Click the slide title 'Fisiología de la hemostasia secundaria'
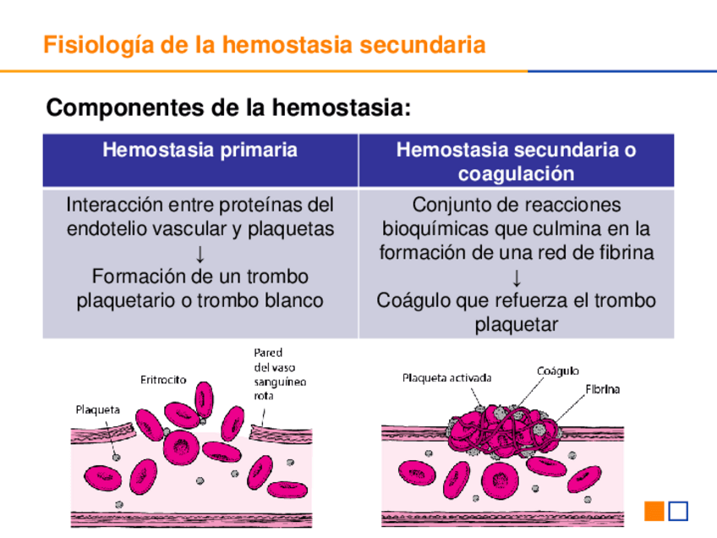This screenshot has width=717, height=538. pos(264,44)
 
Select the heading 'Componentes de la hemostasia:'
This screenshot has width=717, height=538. pos(228,108)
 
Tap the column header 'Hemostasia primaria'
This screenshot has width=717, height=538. pos(200,151)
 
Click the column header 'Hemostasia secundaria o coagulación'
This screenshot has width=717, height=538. pos(516,162)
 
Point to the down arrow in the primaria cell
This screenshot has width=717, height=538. pos(200,253)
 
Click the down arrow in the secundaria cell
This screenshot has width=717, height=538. pos(516,277)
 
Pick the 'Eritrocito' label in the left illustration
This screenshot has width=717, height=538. pos(163,381)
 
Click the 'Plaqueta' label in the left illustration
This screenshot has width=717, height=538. pos(98,409)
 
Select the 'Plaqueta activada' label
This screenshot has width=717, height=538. pos(446,378)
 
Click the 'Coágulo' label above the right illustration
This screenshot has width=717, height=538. pos(558,371)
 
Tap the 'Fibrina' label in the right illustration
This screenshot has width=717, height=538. pos(602,390)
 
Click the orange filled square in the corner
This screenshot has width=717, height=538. pos(654,511)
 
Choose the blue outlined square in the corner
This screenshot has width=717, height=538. pos(678,511)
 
